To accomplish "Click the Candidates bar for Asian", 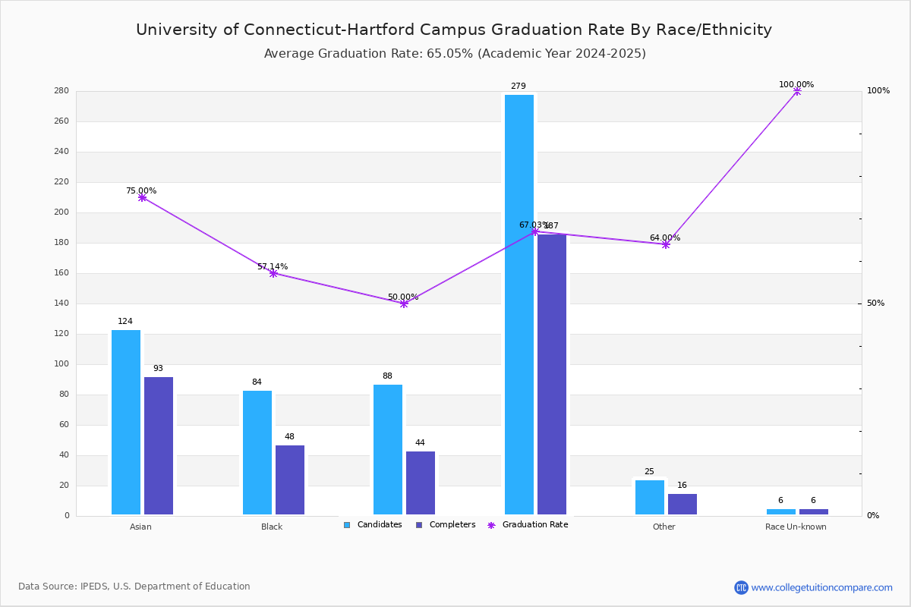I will pyautogui.click(x=126, y=422).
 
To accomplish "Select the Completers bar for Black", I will pyautogui.click(x=290, y=480).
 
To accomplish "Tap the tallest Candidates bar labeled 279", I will pyautogui.click(x=519, y=304).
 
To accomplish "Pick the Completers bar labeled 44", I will pyautogui.click(x=421, y=483).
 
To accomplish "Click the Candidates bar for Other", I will pyautogui.click(x=650, y=497).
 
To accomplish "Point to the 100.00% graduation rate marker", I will pyautogui.click(x=796, y=91).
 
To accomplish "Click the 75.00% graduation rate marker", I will pyautogui.click(x=142, y=197).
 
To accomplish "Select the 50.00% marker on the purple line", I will pyautogui.click(x=404, y=303).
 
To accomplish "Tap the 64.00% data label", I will pyautogui.click(x=664, y=237).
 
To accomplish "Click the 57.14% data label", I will pyautogui.click(x=273, y=266).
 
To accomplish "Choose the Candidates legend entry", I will pyautogui.click(x=373, y=525).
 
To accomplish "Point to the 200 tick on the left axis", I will pyautogui.click(x=61, y=212).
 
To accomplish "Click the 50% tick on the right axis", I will pyautogui.click(x=875, y=303).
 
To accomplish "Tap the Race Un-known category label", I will pyautogui.click(x=796, y=527).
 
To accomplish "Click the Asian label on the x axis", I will pyautogui.click(x=140, y=527).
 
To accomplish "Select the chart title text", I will pyautogui.click(x=454, y=30).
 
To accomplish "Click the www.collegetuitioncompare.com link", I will pyautogui.click(x=821, y=587).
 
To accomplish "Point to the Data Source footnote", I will pyautogui.click(x=134, y=587).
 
